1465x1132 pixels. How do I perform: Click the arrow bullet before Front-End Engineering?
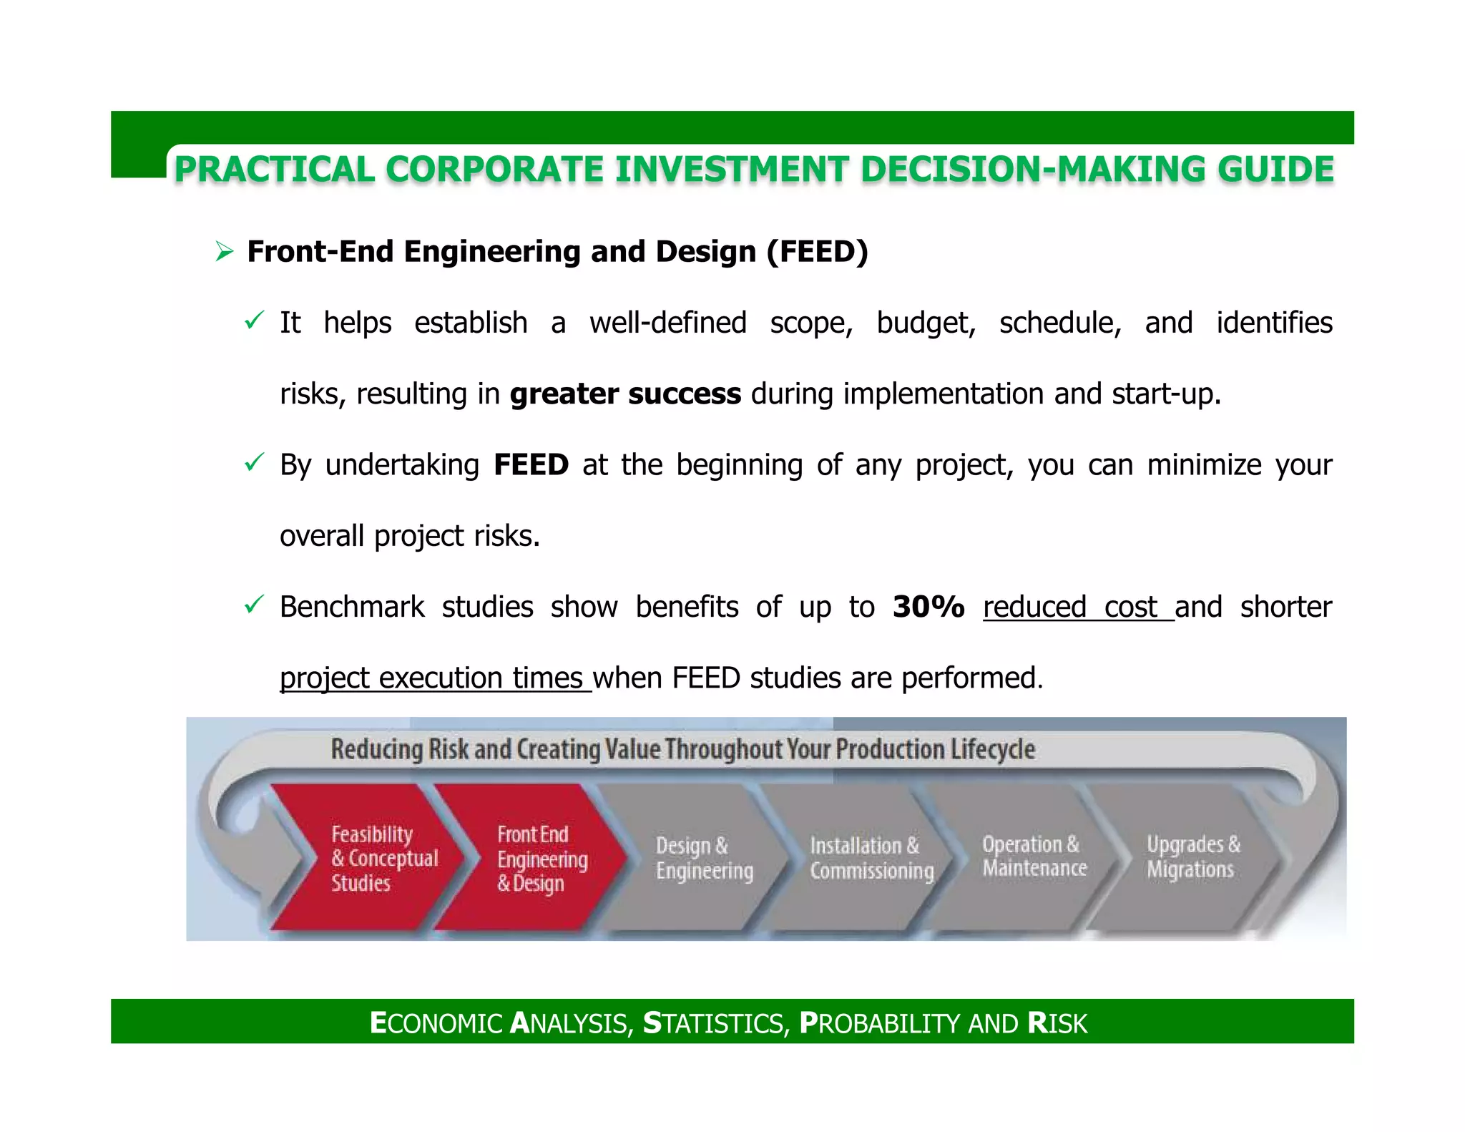coord(225,252)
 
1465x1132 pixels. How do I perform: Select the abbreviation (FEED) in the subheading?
coord(817,252)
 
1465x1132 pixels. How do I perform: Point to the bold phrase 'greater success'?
coord(624,394)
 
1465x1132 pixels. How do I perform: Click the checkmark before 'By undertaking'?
coord(254,462)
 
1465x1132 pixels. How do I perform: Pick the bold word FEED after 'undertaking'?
coord(531,465)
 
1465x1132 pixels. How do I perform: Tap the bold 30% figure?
coord(929,607)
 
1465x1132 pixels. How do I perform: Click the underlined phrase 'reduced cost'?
coord(1077,607)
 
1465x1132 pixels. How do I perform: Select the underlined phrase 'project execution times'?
coord(434,678)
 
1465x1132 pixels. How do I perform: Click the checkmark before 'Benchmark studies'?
coord(254,605)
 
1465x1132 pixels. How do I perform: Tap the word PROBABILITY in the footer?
coord(881,1023)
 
